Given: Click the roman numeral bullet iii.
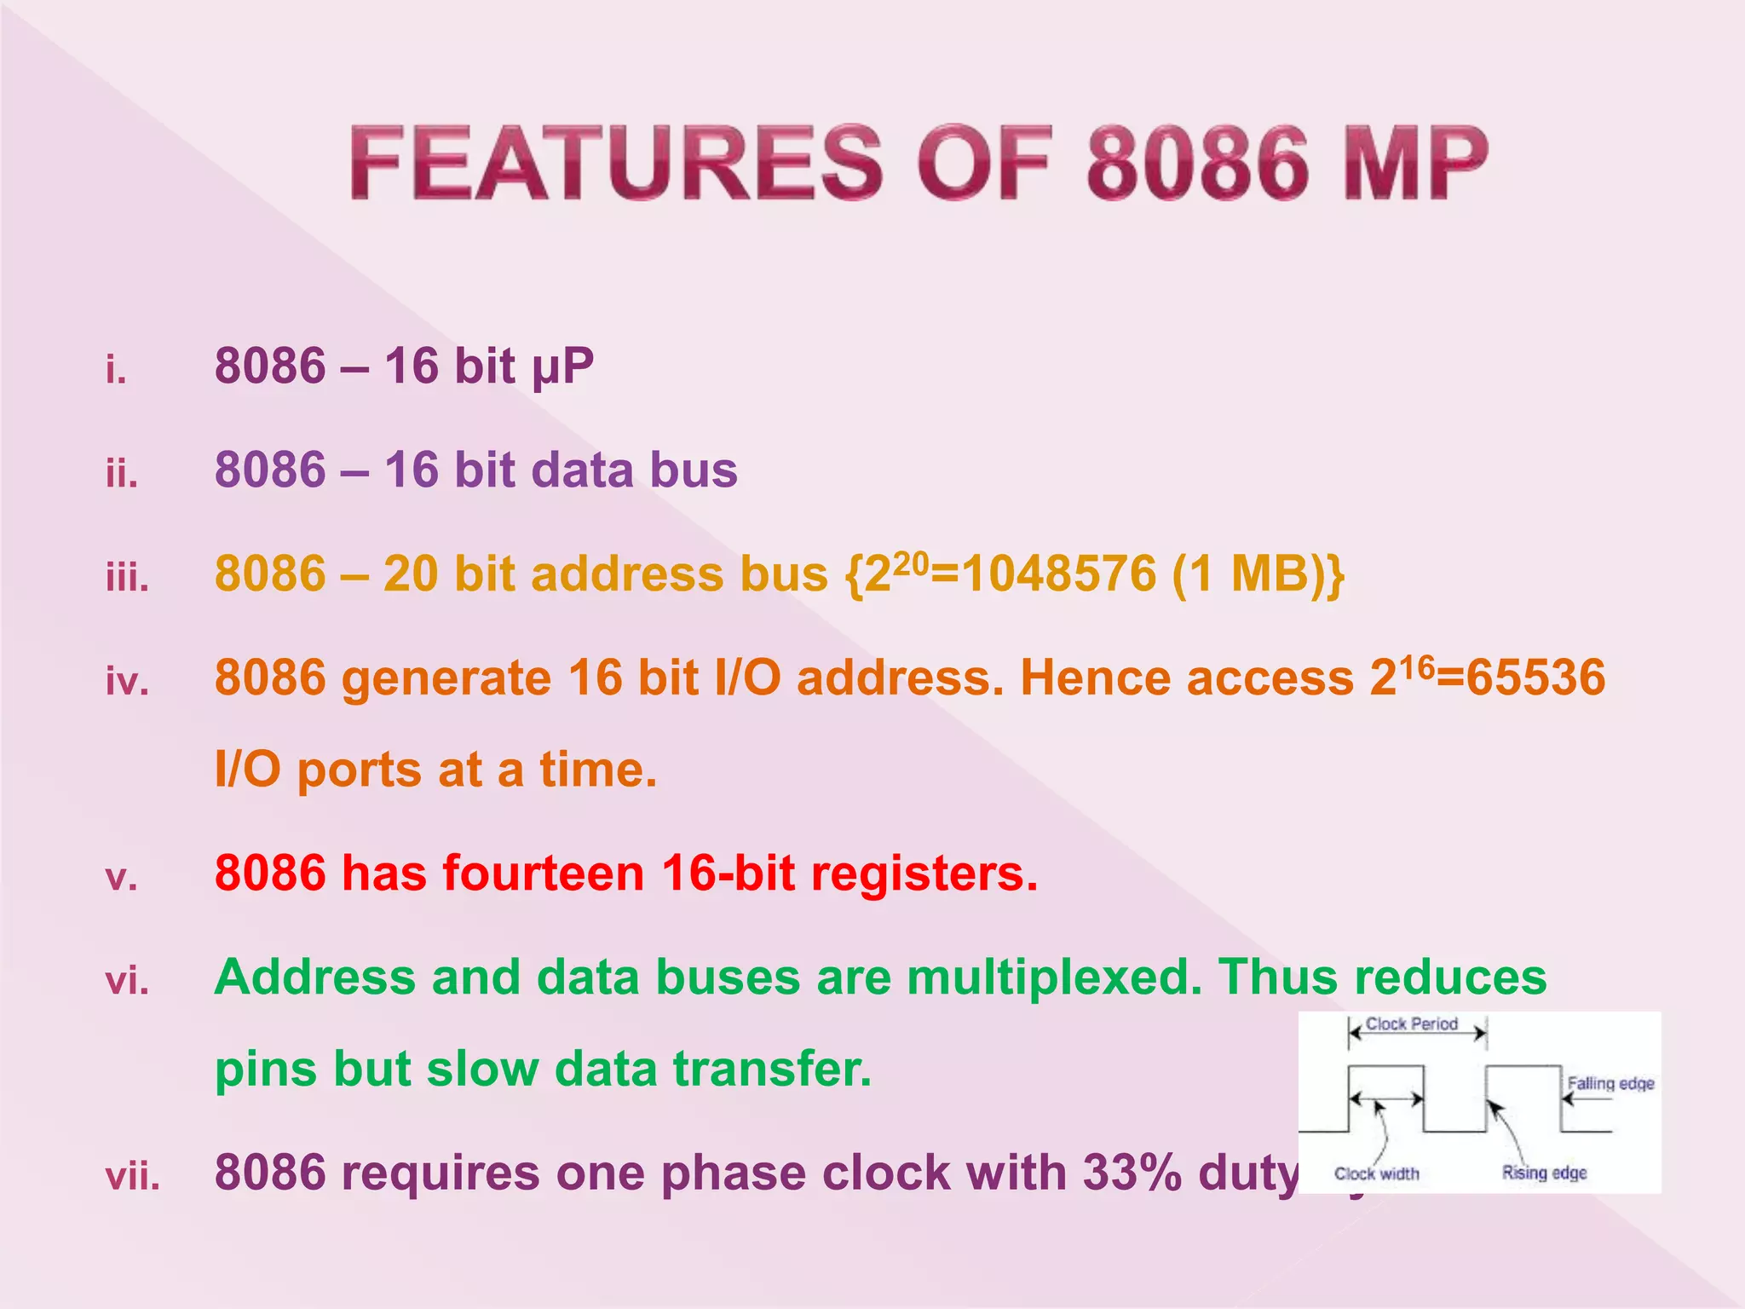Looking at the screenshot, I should pyautogui.click(x=128, y=578).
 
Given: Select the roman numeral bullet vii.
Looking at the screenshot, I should pyautogui.click(x=133, y=1177).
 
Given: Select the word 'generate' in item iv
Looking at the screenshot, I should pyautogui.click(x=446, y=678).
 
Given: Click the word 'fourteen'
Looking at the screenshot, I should pyautogui.click(x=543, y=874).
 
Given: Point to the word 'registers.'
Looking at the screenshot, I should pyautogui.click(x=924, y=874).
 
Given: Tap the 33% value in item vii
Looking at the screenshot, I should pyautogui.click(x=1132, y=1173).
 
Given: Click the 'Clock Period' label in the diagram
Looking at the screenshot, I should pyautogui.click(x=1412, y=1024).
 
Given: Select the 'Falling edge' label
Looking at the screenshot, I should pyautogui.click(x=1610, y=1083).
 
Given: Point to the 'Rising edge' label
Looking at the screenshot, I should pyautogui.click(x=1544, y=1173).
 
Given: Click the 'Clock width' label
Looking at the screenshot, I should pyautogui.click(x=1377, y=1173).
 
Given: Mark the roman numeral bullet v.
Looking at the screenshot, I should pyautogui.click(x=121, y=878).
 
